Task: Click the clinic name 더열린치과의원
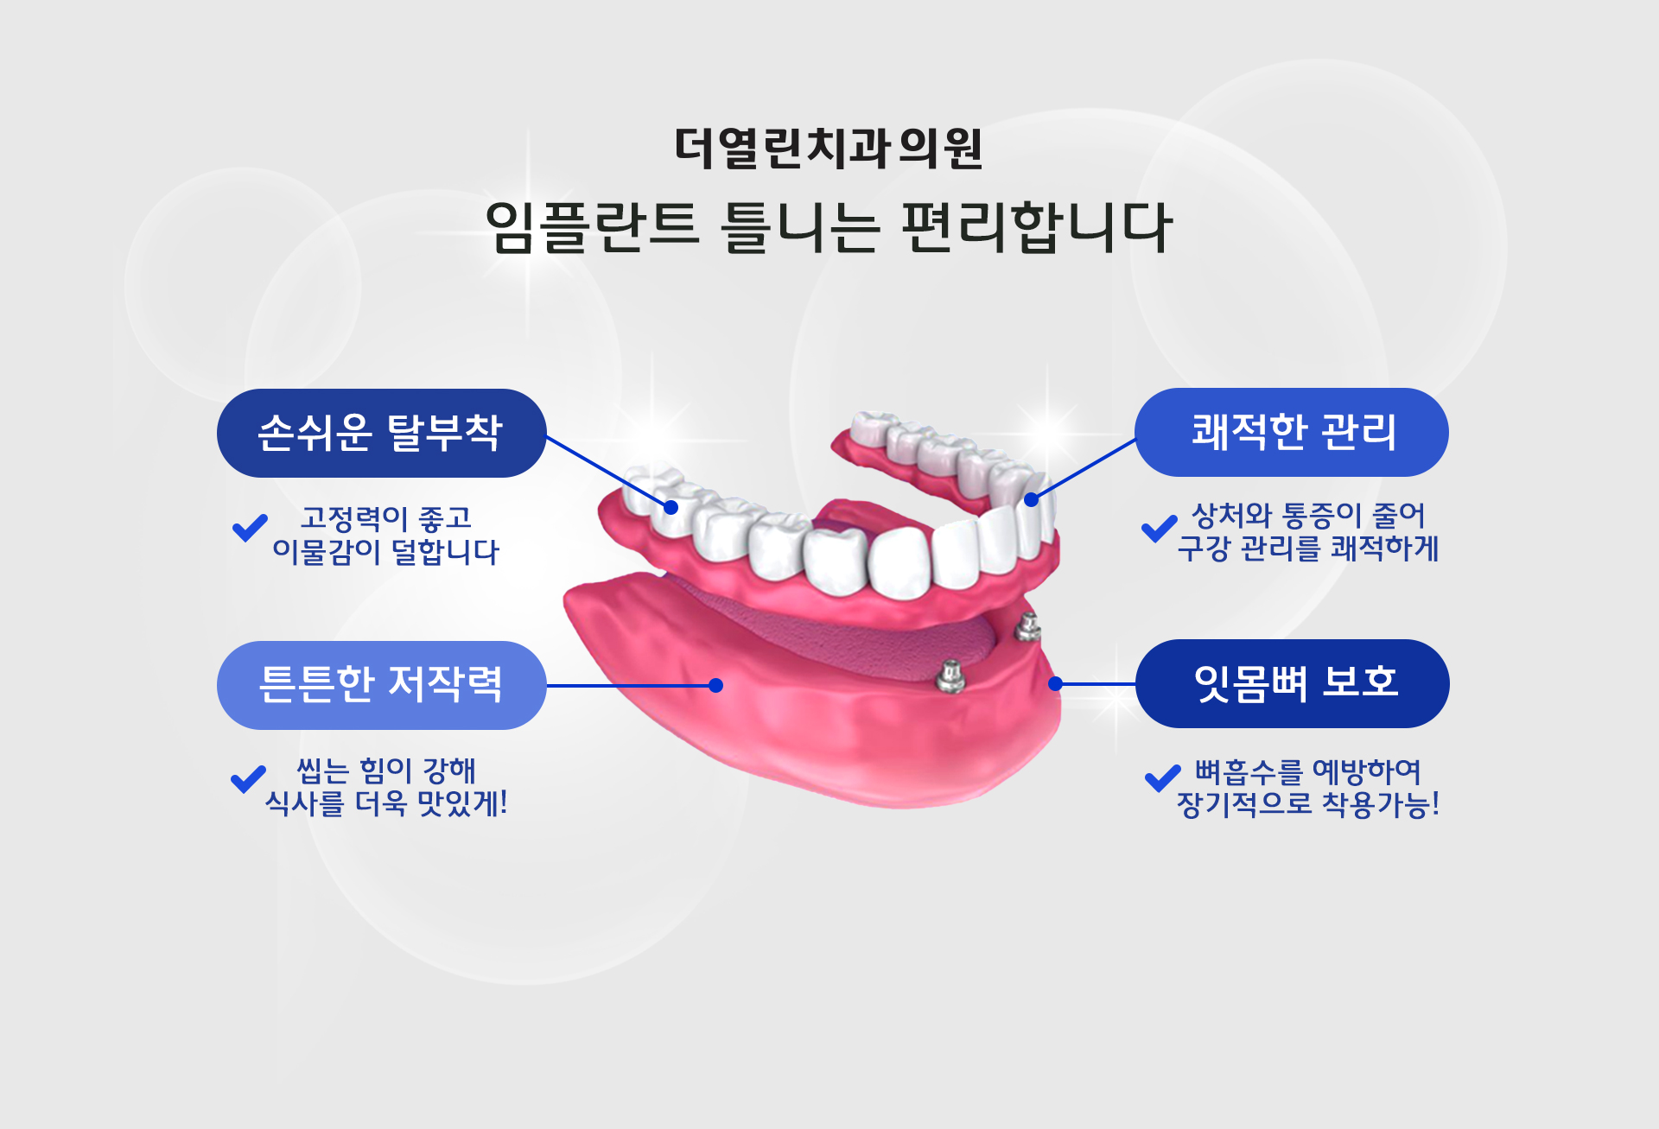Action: (829, 148)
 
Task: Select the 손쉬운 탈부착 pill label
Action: (381, 433)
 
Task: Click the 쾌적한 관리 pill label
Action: (1292, 432)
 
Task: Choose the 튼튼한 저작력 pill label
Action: (381, 685)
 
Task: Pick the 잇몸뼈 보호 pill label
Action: (1293, 683)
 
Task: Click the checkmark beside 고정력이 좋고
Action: (250, 527)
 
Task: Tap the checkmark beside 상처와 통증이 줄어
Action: (1159, 527)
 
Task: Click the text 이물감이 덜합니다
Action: (385, 551)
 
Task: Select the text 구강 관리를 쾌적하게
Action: (1307, 548)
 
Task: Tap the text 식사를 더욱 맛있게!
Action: (385, 803)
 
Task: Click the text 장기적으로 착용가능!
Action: (1308, 804)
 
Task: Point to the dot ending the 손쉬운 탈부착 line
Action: (671, 508)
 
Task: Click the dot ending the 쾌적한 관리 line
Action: (1031, 499)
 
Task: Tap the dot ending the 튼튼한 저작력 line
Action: (715, 685)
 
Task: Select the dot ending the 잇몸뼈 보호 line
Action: (1055, 683)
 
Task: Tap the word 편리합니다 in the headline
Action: (1037, 227)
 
